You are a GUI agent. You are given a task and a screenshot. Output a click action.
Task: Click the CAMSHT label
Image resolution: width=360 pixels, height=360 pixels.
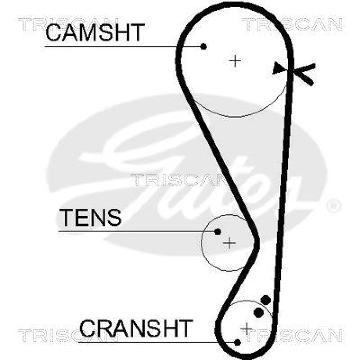click(x=94, y=32)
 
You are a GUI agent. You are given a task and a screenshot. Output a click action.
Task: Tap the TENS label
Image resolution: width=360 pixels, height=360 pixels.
click(x=90, y=218)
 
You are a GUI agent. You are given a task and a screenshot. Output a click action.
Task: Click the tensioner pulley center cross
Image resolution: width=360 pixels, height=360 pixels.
click(x=229, y=243)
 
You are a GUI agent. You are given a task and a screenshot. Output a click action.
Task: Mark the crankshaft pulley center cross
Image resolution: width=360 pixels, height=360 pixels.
click(x=247, y=328)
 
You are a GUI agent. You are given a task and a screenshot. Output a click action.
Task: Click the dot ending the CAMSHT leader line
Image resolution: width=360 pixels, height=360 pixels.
click(x=204, y=46)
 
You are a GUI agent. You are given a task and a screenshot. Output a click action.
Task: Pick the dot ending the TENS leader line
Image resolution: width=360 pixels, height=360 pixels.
click(x=218, y=231)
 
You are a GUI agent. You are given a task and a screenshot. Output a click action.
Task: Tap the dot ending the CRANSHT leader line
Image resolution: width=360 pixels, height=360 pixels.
click(x=238, y=342)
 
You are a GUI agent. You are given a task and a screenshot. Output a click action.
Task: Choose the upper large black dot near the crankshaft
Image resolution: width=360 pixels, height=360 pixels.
click(x=266, y=300)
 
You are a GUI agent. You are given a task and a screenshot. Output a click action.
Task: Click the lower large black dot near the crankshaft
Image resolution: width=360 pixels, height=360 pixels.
click(x=259, y=312)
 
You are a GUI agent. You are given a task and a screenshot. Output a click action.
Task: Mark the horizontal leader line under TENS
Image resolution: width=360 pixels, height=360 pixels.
click(x=135, y=231)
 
